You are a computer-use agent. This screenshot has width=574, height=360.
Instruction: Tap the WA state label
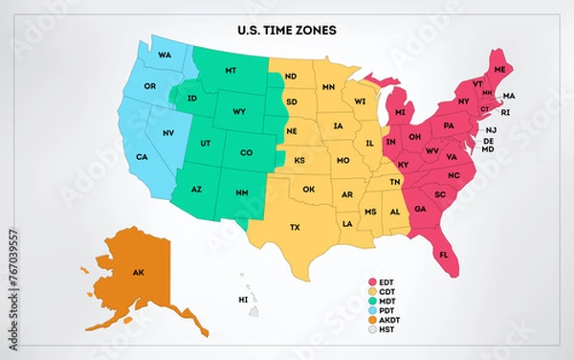(x=165, y=55)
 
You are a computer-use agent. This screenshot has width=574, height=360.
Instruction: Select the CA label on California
(x=142, y=157)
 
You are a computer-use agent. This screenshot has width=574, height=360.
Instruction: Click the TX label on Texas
(x=295, y=227)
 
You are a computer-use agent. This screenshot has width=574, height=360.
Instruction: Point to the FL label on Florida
(x=443, y=255)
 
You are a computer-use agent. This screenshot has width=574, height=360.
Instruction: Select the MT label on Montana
(x=231, y=72)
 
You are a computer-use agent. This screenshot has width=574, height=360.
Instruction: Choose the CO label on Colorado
(x=246, y=153)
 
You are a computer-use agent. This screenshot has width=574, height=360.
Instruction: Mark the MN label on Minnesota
(x=328, y=87)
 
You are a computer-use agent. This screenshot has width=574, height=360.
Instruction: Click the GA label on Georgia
(x=420, y=209)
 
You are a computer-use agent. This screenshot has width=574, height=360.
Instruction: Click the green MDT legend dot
(x=373, y=303)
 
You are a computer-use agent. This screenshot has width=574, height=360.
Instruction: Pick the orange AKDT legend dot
(x=373, y=323)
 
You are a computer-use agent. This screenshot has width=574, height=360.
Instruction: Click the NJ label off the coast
(x=491, y=130)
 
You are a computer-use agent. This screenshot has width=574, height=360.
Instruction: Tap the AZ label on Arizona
(x=196, y=190)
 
